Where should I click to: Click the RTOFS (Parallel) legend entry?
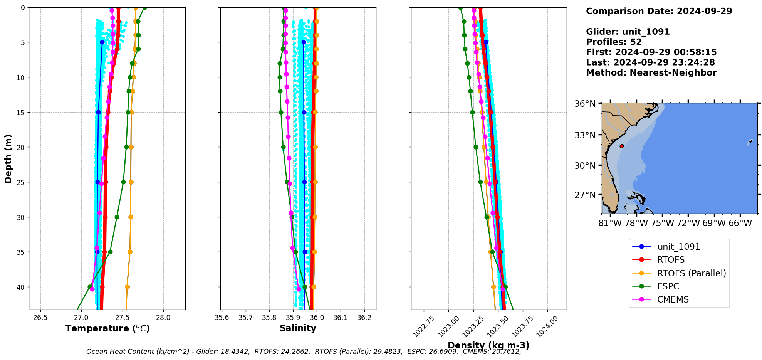[691, 273]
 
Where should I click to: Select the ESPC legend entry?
[668, 286]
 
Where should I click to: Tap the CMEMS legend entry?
[673, 299]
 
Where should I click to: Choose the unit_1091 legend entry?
[678, 247]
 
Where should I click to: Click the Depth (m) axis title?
[8, 158]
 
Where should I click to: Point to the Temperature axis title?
[107, 328]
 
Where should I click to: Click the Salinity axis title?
[298, 328]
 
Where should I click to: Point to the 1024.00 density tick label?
[547, 326]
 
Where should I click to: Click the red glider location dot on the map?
[621, 146]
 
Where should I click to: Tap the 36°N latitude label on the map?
[585, 104]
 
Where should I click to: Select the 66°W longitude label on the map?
[740, 223]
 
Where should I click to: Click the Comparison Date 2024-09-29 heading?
[659, 11]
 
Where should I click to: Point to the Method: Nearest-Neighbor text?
[651, 73]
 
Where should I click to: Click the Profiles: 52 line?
[614, 42]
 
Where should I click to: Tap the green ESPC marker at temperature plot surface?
[144, 8]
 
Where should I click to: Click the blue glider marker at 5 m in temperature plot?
[102, 42]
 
